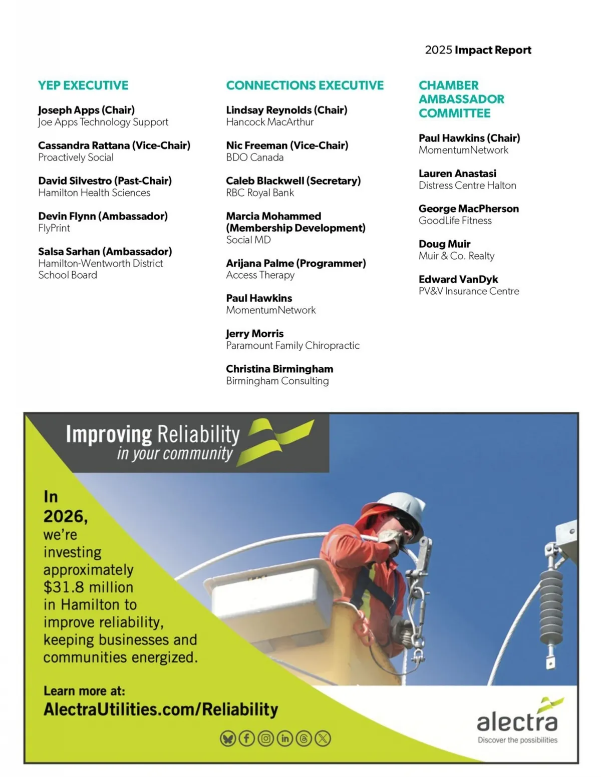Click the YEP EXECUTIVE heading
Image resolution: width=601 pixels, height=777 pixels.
tap(83, 86)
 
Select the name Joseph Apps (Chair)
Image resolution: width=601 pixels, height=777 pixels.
tap(86, 110)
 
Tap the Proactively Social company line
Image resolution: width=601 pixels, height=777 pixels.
tap(76, 158)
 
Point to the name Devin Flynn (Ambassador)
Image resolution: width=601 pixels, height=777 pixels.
tap(103, 216)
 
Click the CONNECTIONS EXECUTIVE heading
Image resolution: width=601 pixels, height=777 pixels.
tap(305, 86)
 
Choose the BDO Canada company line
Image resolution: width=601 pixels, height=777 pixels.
tap(254, 158)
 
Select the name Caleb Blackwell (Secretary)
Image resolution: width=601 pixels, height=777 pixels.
tap(293, 181)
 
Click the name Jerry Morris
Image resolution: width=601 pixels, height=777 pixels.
tap(254, 334)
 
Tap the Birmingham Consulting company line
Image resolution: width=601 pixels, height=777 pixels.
tap(277, 381)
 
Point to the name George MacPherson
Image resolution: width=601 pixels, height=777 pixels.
tap(468, 209)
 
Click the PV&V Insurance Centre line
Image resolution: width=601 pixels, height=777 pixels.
tap(468, 291)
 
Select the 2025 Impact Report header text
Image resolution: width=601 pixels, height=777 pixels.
tap(478, 50)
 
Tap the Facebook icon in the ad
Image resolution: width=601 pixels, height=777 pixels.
tap(246, 738)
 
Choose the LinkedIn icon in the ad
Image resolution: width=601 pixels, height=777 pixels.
tap(284, 738)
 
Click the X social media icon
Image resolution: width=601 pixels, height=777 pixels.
tap(323, 738)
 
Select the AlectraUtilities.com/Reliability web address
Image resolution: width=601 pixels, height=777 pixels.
tap(161, 709)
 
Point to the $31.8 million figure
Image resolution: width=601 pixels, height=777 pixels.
tap(88, 587)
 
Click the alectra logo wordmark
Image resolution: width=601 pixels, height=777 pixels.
tap(517, 722)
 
